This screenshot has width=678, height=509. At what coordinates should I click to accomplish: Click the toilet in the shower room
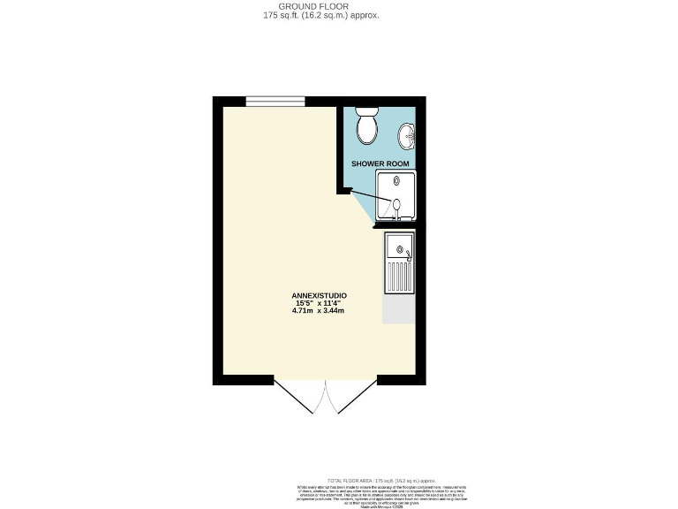pos(366,126)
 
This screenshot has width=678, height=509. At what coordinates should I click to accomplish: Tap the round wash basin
pos(406,135)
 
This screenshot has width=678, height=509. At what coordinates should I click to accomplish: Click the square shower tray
pos(396,195)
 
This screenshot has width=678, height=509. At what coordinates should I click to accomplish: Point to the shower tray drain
pos(396,206)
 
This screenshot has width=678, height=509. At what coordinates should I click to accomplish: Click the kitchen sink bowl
pos(399,247)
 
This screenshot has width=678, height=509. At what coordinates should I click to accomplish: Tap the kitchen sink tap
pos(409,256)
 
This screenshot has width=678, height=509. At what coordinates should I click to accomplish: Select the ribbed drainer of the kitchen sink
pos(399,277)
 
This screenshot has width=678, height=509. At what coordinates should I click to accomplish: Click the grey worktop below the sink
pos(399,309)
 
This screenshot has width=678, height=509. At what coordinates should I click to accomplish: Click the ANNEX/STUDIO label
pos(320,295)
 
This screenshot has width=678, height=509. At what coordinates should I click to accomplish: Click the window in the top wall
pos(275,101)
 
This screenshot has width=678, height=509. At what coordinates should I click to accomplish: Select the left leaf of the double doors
pos(300,398)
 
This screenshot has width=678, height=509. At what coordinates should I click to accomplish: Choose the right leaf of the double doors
pos(351,398)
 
